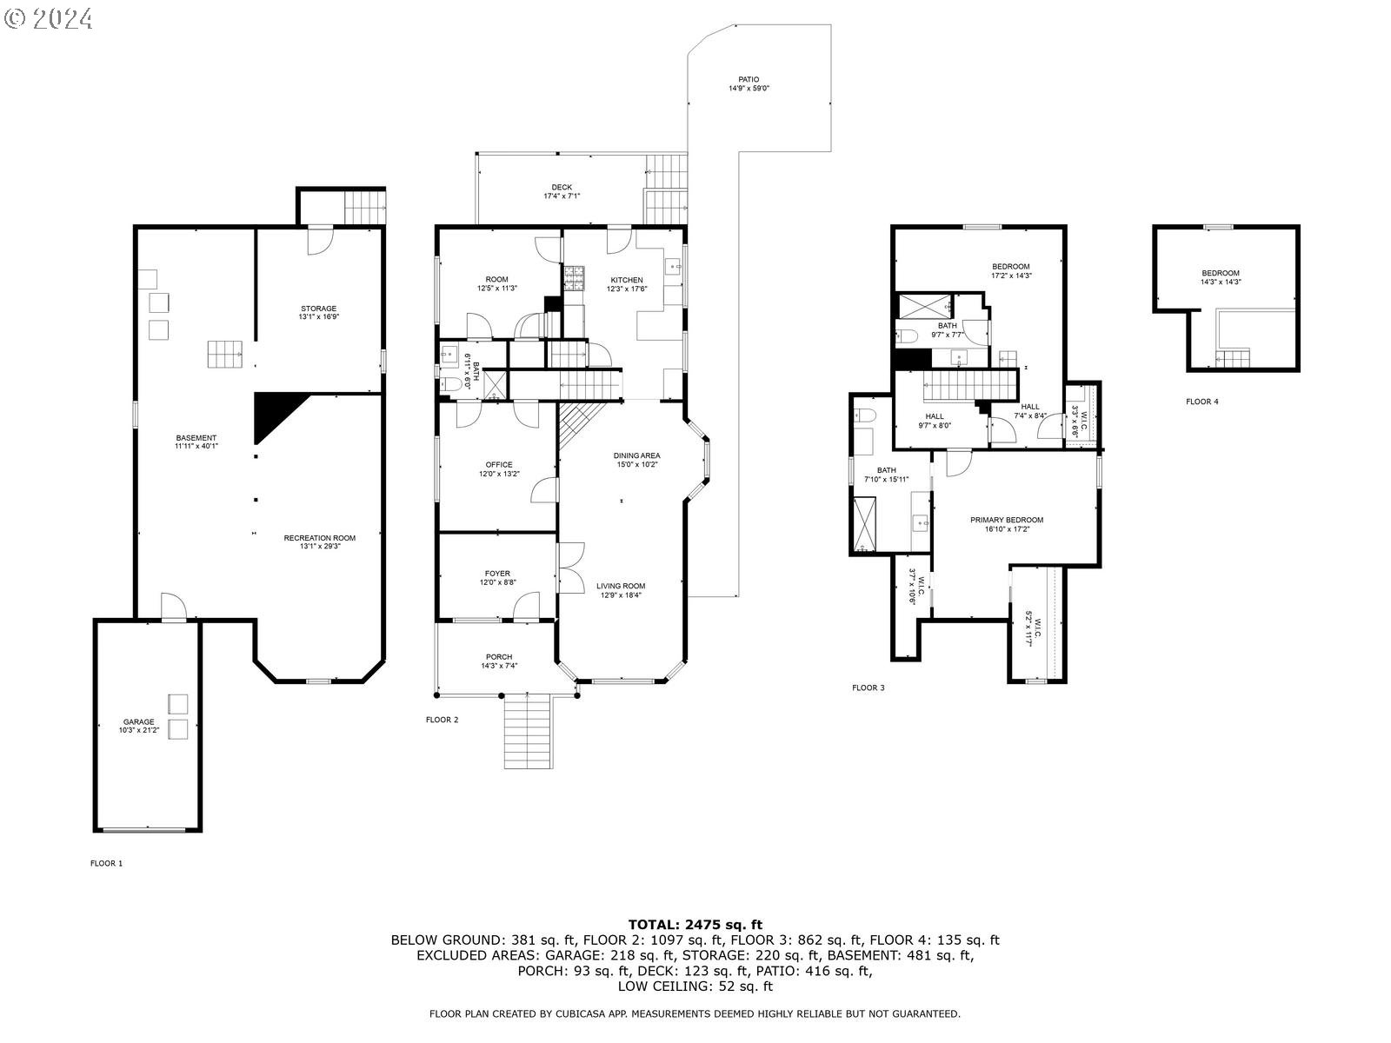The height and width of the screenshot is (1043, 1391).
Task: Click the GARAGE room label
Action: (139, 721)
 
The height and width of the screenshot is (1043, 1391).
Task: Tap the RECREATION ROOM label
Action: (319, 538)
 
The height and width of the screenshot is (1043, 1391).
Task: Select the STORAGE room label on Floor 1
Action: (319, 309)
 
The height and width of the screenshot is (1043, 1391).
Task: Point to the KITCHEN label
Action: (627, 280)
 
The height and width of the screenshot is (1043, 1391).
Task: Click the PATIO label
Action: (749, 80)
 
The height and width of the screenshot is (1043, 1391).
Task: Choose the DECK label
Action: (562, 188)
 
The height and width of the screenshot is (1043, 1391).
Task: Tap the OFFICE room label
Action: (499, 465)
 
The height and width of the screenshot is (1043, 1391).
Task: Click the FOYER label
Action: (497, 574)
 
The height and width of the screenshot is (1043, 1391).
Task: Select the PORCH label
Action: (499, 657)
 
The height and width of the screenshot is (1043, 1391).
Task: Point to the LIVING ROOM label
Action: (621, 587)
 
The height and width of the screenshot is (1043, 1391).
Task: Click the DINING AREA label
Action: (636, 455)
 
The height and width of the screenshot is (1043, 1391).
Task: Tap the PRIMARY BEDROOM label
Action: (1007, 520)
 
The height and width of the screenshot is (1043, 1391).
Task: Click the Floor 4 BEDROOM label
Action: (1220, 274)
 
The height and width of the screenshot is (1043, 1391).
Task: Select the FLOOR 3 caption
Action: (868, 688)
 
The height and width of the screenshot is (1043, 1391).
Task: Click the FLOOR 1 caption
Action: (106, 863)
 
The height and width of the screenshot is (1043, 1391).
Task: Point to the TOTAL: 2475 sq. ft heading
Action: (695, 925)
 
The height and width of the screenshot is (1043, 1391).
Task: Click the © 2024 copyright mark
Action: (48, 19)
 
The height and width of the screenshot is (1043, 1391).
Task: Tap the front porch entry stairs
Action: (528, 731)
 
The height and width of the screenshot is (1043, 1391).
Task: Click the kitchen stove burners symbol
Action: (574, 278)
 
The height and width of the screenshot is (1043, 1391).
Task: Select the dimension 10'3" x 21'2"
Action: (139, 730)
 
